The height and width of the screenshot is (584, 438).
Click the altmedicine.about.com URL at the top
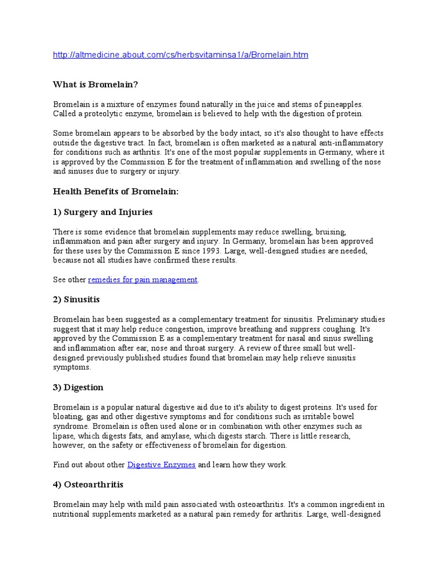180,55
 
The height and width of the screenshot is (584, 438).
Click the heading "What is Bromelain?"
96,84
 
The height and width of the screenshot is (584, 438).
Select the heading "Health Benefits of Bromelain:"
116,192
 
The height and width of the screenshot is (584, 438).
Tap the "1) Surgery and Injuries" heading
103,212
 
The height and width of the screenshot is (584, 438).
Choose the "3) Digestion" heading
78,387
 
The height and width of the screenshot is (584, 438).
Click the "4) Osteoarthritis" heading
88,484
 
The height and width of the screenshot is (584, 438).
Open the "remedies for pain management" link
143,279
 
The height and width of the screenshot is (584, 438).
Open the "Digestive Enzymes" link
161,465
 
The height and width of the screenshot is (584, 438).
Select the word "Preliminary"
338,319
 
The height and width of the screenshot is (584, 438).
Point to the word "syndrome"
71,427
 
